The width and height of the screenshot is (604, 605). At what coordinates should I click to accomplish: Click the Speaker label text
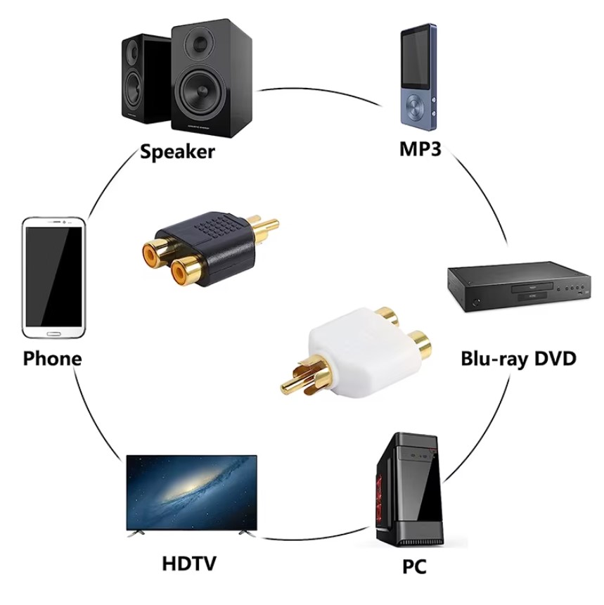pyautogui.click(x=177, y=152)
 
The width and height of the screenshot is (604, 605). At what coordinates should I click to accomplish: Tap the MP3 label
pyautogui.click(x=420, y=149)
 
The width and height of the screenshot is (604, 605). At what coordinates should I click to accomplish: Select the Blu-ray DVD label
pyautogui.click(x=518, y=359)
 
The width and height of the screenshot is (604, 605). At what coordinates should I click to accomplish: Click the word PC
pyautogui.click(x=414, y=566)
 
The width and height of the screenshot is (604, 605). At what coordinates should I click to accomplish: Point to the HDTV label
pyautogui.click(x=189, y=563)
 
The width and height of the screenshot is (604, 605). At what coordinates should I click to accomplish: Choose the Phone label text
pyautogui.click(x=53, y=359)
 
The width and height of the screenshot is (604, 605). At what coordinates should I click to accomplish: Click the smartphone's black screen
pyautogui.click(x=53, y=276)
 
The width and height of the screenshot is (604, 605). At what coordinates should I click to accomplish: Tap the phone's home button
pyautogui.click(x=53, y=333)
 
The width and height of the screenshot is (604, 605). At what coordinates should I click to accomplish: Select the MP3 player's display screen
pyautogui.click(x=416, y=59)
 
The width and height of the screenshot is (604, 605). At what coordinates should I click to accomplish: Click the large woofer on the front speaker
pyautogui.click(x=202, y=92)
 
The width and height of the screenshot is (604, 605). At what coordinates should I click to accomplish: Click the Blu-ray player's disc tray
pyautogui.click(x=532, y=288)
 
